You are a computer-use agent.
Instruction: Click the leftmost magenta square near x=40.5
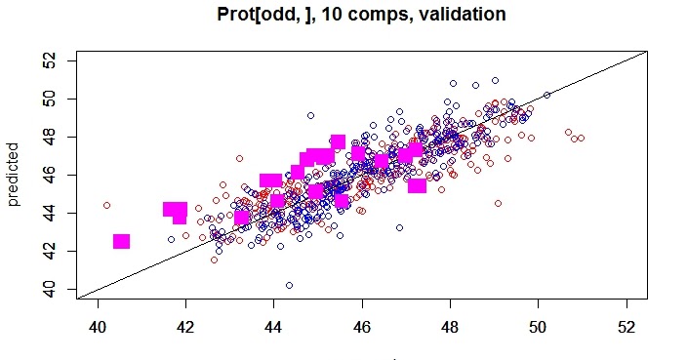click(121, 241)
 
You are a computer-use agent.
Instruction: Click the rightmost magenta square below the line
click(417, 184)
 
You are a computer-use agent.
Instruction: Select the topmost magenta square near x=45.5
click(338, 141)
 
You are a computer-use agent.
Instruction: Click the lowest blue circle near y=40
click(289, 285)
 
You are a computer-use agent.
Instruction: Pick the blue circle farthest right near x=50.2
click(546, 95)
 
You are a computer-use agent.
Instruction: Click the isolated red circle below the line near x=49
click(498, 203)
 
